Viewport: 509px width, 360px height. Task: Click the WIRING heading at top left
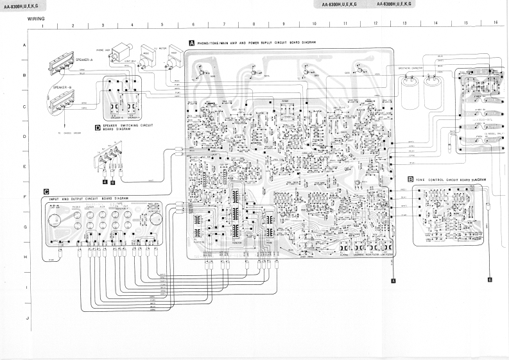coord(36,19)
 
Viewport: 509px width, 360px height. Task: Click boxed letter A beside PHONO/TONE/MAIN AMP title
coord(191,42)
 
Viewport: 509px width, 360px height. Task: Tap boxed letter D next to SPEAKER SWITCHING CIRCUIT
coord(98,128)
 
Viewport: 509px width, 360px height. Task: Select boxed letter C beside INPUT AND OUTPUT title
coord(46,191)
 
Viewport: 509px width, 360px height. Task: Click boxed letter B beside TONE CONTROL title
coord(410,180)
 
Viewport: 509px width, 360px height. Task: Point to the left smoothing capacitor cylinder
coord(410,92)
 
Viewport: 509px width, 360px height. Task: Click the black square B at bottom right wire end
coord(489,280)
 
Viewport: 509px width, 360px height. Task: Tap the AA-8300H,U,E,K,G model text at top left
coord(20,5)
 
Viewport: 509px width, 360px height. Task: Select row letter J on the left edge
coord(26,318)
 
